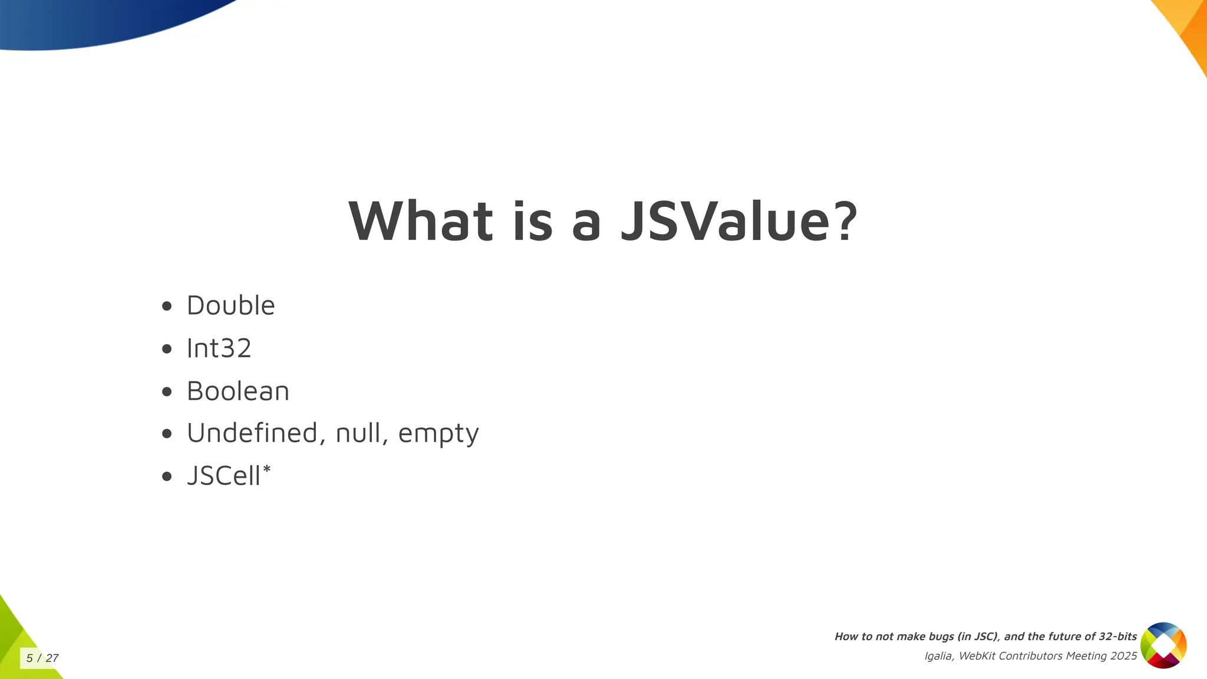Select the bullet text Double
(230, 305)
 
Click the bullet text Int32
(219, 348)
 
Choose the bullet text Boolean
(238, 391)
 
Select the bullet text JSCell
(223, 476)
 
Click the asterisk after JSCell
(266, 469)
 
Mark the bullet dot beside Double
(167, 306)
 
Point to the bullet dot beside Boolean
(167, 392)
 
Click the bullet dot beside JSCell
(167, 477)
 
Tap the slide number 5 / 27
(42, 658)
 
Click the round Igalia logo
(1163, 645)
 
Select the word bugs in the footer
(939, 637)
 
